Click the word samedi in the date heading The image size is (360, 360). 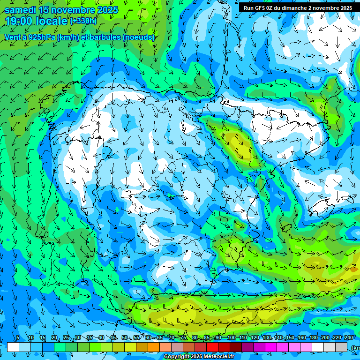[20, 10]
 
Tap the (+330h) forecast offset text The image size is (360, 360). [83, 21]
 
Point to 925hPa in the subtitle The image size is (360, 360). [37, 37]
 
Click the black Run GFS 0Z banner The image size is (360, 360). [298, 8]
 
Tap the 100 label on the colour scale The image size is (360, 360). [231, 338]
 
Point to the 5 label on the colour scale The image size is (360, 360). [18, 338]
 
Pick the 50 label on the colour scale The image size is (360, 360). [124, 338]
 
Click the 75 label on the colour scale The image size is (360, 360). [183, 338]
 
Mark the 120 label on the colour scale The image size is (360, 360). [255, 338]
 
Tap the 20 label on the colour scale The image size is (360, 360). [54, 338]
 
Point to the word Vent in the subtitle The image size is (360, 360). [13, 37]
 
